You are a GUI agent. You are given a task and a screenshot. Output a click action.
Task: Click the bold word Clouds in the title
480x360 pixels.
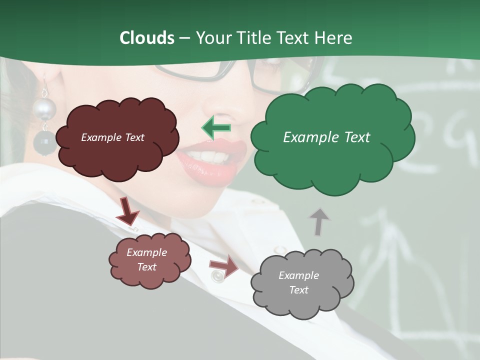point(146,38)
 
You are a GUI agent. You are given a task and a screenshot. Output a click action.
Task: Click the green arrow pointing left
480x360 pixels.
point(216,127)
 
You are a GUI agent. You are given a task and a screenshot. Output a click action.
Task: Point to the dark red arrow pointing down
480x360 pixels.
point(127,212)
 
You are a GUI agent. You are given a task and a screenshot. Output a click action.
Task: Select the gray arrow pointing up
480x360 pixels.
point(319,221)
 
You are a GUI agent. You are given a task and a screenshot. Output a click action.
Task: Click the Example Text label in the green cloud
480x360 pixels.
point(326,137)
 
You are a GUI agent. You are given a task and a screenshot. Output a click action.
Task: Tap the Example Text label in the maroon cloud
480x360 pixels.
point(112,137)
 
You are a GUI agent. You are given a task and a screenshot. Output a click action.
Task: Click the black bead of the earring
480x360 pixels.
point(44,143)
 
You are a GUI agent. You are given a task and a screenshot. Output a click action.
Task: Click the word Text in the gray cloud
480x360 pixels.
point(298,290)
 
